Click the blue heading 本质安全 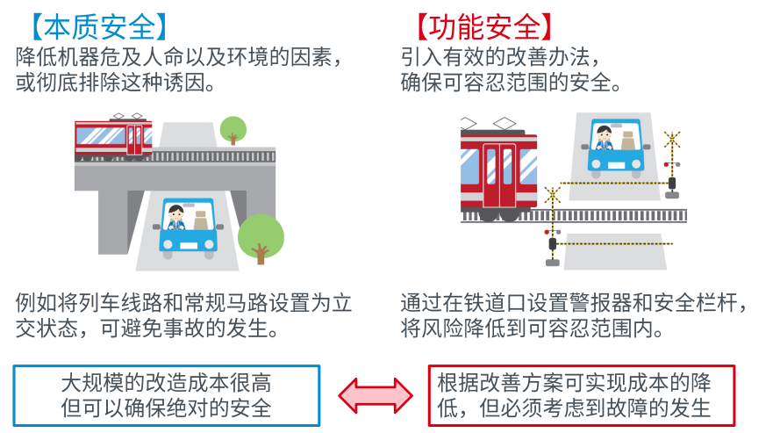point(99,27)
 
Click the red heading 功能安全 point(484,27)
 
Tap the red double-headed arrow point(376,395)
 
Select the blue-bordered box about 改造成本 point(166,395)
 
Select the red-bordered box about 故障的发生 point(582,395)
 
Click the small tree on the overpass point(233,129)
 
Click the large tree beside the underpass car point(261,238)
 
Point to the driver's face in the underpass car point(176,214)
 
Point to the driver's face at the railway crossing point(604,135)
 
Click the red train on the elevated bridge point(113,137)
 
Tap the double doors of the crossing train point(499,175)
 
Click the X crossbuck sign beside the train point(552,195)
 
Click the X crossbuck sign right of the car point(672,140)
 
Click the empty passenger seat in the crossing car point(628,141)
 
